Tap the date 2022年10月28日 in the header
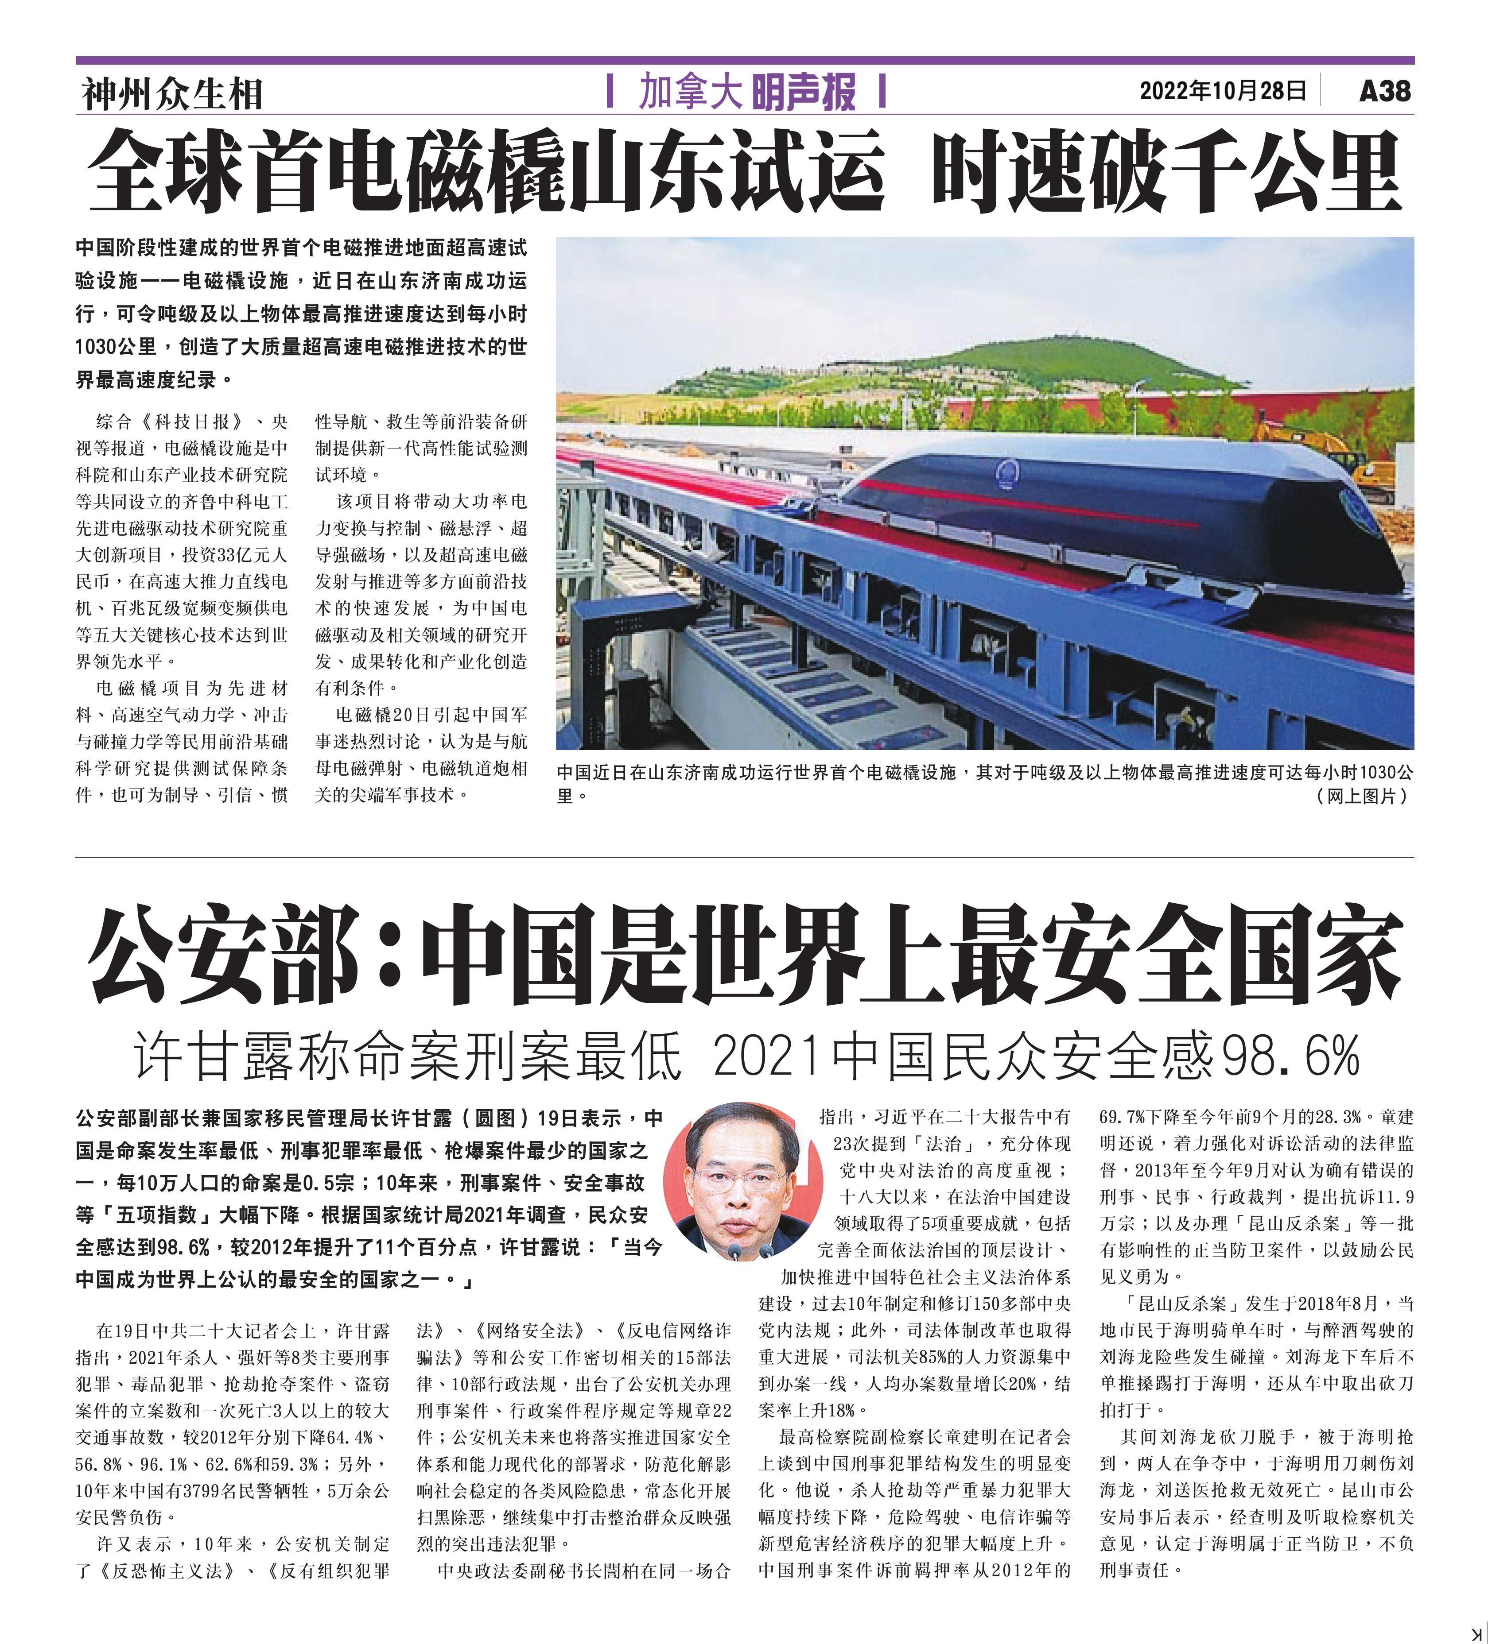(1223, 90)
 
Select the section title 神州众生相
(172, 94)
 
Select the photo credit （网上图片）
(1362, 797)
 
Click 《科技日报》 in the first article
(190, 422)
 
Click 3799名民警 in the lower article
(261, 1491)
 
